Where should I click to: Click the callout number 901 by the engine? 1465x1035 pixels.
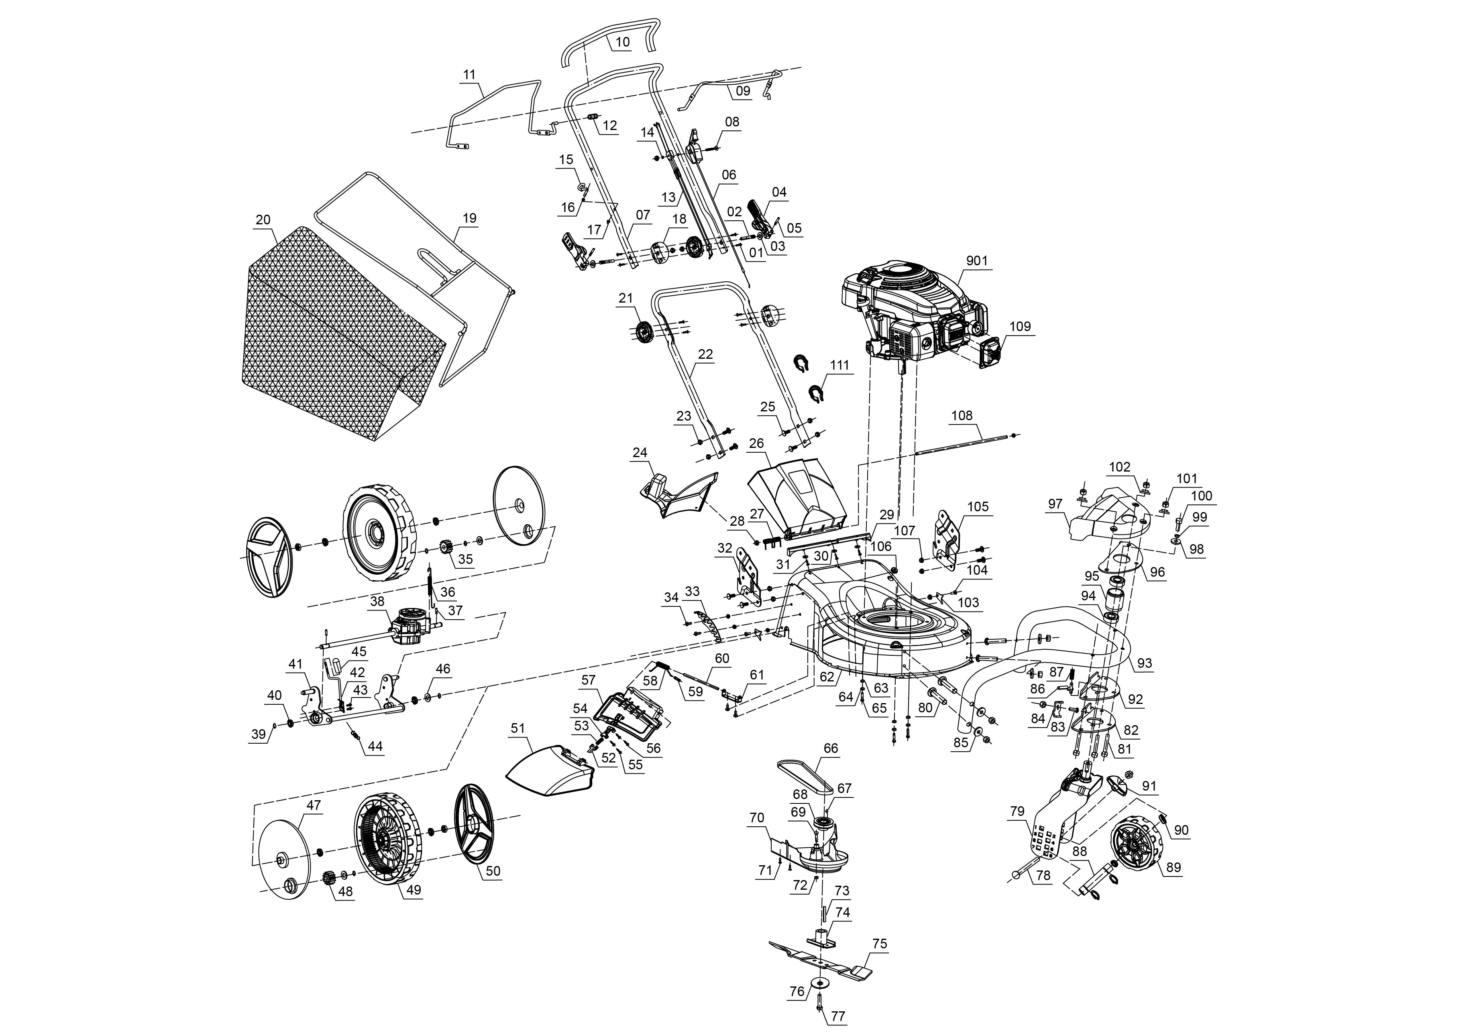(x=977, y=261)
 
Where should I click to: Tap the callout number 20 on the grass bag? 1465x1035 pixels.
(x=263, y=220)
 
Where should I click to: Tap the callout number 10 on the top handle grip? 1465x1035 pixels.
(x=622, y=42)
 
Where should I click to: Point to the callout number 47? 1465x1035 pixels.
(x=313, y=805)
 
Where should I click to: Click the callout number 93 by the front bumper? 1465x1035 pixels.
(x=1144, y=663)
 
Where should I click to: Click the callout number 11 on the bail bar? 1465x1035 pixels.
(x=469, y=75)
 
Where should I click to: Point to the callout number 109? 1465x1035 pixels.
(x=1020, y=327)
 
